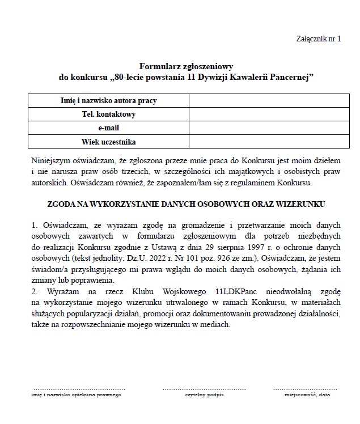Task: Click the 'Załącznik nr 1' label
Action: tap(319, 39)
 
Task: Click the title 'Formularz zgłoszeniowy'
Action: tap(187, 66)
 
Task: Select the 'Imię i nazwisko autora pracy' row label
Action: tap(109, 101)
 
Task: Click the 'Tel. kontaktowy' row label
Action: tap(109, 115)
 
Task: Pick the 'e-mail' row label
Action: tap(109, 128)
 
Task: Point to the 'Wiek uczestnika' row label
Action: tap(109, 142)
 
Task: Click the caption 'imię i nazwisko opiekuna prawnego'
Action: tap(76, 394)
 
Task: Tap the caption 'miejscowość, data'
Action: tap(307, 394)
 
